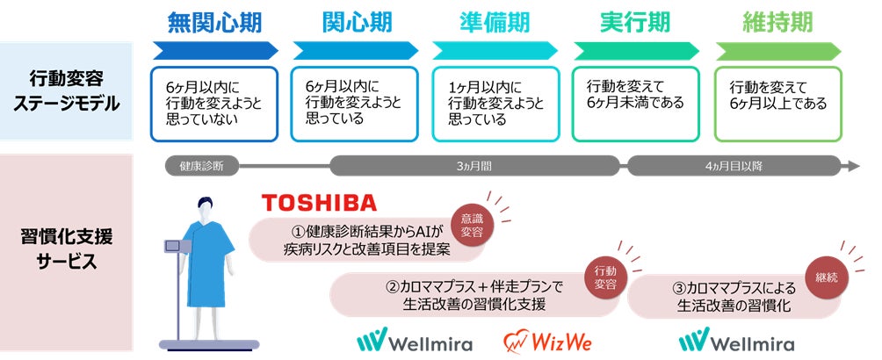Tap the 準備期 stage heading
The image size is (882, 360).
click(x=495, y=21)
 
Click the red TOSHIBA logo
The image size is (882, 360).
click(x=319, y=203)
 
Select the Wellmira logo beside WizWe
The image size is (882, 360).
click(x=415, y=341)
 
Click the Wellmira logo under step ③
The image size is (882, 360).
click(x=738, y=341)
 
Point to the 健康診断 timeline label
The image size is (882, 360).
click(x=201, y=165)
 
